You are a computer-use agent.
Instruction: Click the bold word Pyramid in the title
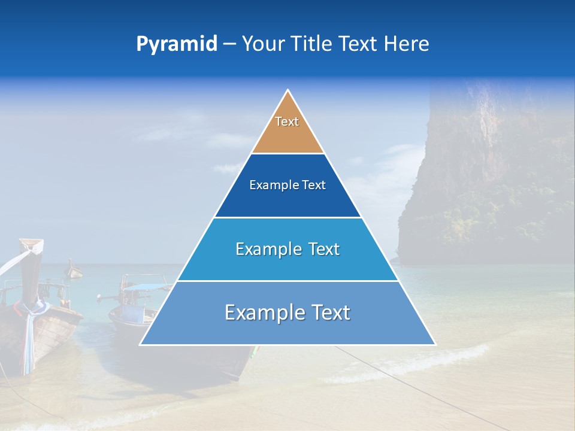pos(177,44)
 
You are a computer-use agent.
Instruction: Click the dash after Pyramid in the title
pos(229,44)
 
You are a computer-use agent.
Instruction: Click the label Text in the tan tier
pos(287,122)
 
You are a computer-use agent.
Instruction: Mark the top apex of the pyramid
pos(287,90)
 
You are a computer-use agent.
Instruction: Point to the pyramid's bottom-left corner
pos(141,344)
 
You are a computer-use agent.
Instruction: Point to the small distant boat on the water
pos(74,271)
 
